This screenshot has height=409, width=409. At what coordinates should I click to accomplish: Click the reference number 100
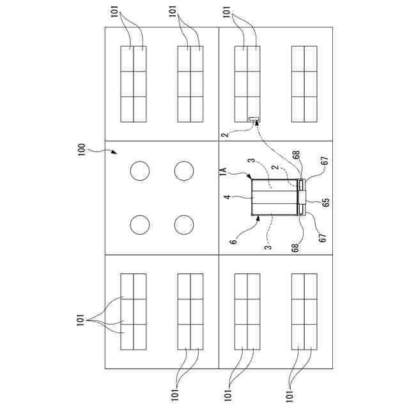pos(82,150)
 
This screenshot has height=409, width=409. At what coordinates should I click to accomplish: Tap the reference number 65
pos(326,202)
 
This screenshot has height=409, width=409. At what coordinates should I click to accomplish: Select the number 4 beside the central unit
pos(227,198)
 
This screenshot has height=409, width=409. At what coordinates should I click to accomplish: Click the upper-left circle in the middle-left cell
pos(140,171)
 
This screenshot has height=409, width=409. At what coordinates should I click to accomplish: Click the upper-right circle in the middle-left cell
pos(183,171)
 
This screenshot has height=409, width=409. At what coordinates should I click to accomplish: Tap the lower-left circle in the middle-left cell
pos(140,225)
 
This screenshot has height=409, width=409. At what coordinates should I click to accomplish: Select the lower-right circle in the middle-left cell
pos(183,225)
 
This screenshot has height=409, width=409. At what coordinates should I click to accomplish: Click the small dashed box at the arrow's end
pos(254,119)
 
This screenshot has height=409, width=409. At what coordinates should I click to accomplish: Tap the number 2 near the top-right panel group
pos(224,135)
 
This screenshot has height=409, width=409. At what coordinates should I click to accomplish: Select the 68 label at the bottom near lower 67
pos(295,246)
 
